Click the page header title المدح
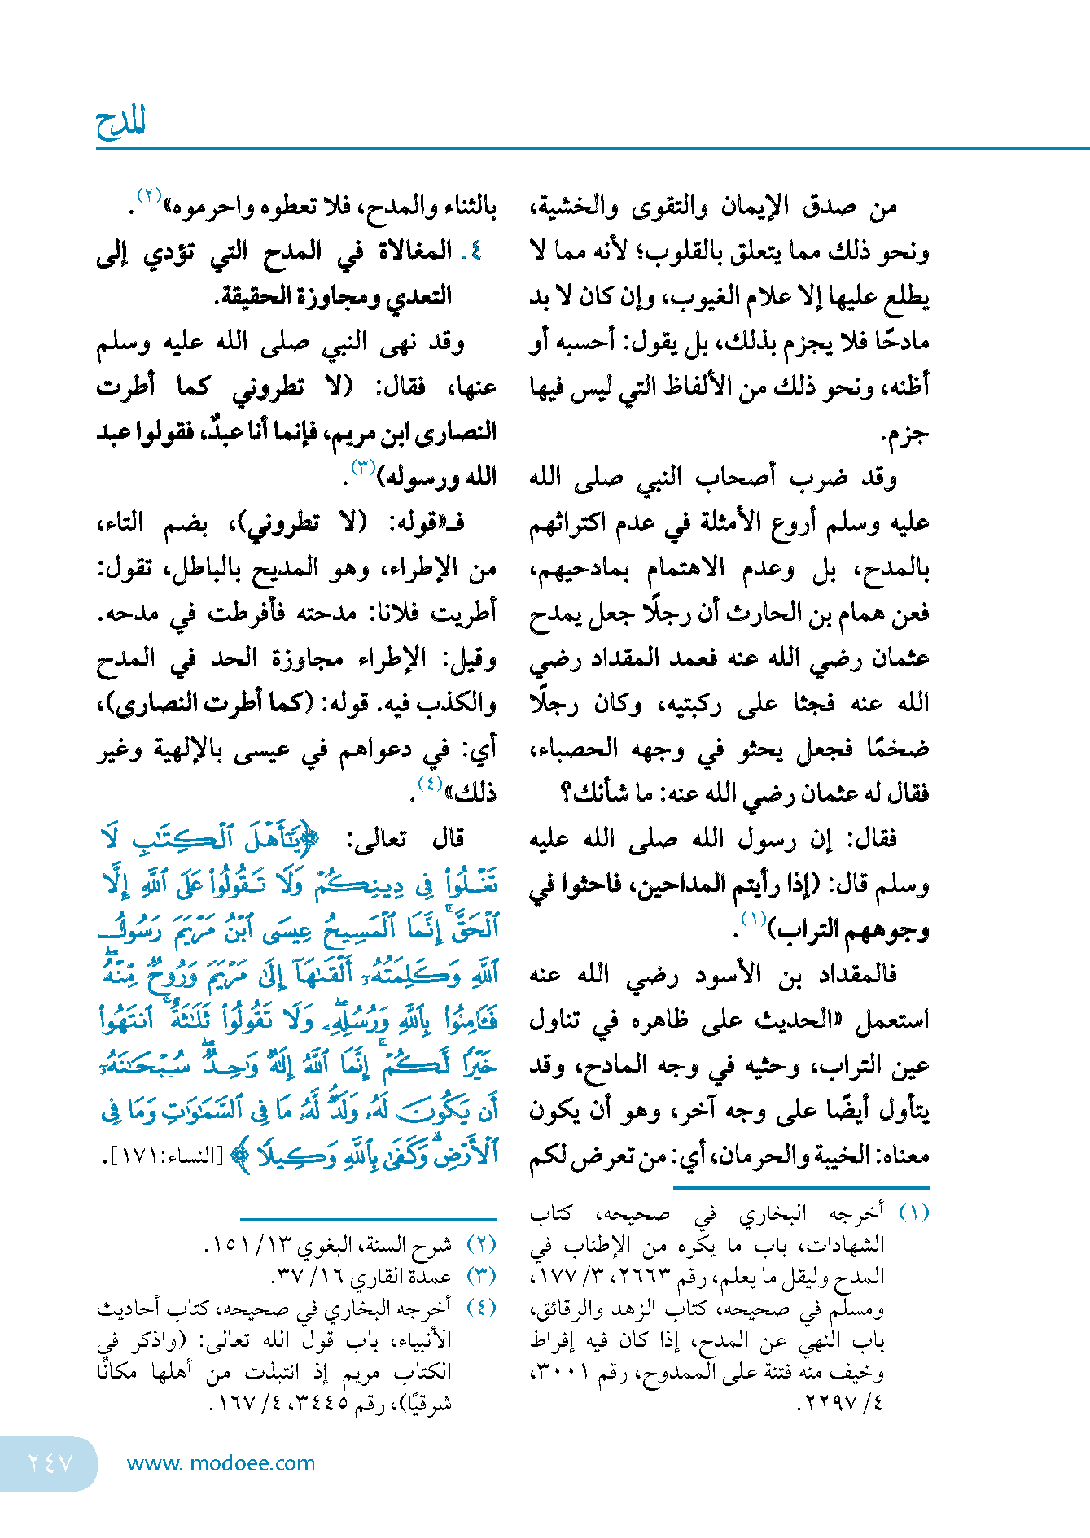120,124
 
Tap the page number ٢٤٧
50,1463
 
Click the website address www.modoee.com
221,1463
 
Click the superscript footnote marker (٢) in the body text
151,195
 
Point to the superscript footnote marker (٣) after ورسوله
362,466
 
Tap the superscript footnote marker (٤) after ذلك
430,783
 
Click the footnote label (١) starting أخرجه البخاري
913,1213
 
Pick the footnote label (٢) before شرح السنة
481,1245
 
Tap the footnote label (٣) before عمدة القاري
481,1276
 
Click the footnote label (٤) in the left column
481,1308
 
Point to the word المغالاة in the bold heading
415,251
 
